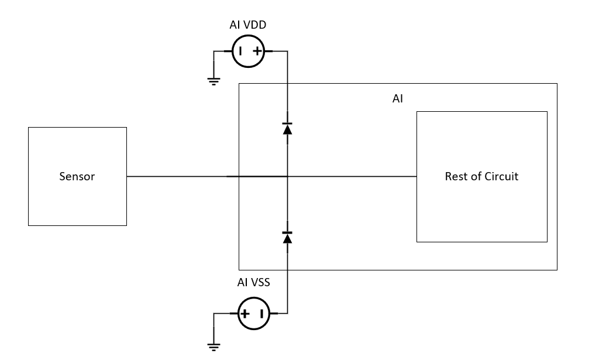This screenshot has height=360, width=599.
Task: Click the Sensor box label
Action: (77, 176)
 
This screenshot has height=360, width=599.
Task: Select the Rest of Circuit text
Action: (481, 176)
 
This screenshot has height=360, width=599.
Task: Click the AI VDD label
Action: (248, 25)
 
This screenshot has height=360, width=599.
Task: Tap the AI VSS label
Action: (253, 283)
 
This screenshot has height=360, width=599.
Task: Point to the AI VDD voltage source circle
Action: (248, 52)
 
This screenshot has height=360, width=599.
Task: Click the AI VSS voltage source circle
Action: (253, 313)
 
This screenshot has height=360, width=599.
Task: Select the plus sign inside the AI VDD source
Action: (257, 52)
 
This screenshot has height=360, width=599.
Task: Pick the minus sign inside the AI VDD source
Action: (240, 52)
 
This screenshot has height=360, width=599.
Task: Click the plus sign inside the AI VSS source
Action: (245, 314)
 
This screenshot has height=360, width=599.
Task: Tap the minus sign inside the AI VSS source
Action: (261, 314)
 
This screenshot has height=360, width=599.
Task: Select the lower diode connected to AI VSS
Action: (287, 236)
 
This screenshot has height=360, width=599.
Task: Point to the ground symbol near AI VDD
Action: (214, 81)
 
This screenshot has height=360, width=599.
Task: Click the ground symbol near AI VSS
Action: (214, 346)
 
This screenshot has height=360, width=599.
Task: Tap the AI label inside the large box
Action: (398, 99)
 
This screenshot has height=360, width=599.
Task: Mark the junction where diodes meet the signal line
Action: (287, 176)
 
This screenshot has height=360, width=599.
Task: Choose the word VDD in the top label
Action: (256, 25)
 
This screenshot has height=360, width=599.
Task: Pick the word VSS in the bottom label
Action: (260, 283)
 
